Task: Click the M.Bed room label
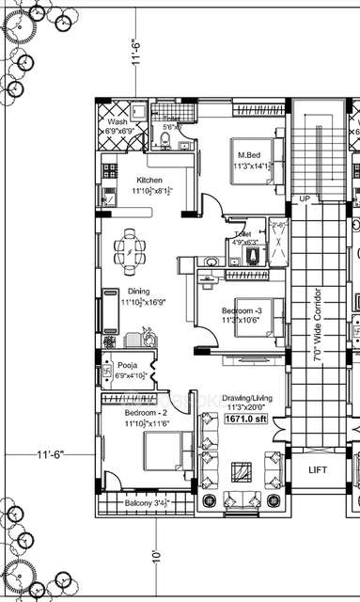pos(248,155)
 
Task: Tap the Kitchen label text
pos(149,179)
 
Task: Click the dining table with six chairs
pos(130,249)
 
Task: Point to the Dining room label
pos(139,293)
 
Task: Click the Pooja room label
pos(127,365)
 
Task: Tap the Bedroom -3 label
pos(243,310)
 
